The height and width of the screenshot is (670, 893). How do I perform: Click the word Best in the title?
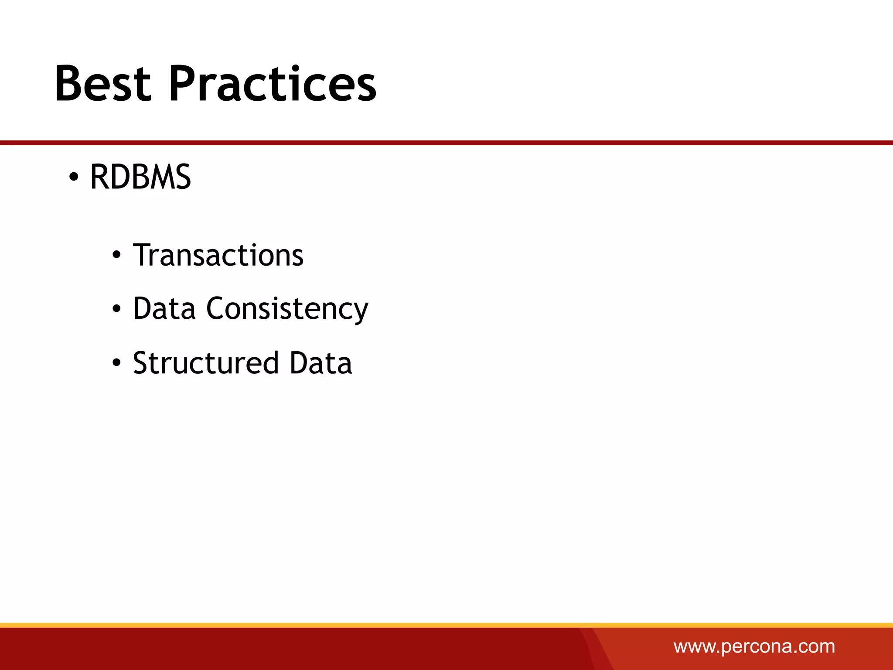click(103, 84)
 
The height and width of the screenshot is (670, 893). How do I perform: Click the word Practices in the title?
click(272, 84)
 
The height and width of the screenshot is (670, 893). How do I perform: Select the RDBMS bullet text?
click(140, 177)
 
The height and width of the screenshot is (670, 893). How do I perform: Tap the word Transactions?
click(218, 255)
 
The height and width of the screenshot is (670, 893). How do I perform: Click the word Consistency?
click(287, 309)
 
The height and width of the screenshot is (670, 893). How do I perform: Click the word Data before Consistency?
click(164, 309)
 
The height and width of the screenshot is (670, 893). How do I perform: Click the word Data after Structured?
click(320, 363)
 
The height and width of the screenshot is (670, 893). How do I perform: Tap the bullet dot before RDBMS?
click(74, 178)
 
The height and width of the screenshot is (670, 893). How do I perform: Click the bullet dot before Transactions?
click(116, 256)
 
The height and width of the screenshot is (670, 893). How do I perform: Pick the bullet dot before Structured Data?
click(116, 363)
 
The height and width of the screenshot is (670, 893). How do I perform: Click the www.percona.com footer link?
click(754, 646)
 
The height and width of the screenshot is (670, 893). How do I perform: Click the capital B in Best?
click(70, 84)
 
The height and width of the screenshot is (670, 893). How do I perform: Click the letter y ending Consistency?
click(360, 312)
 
